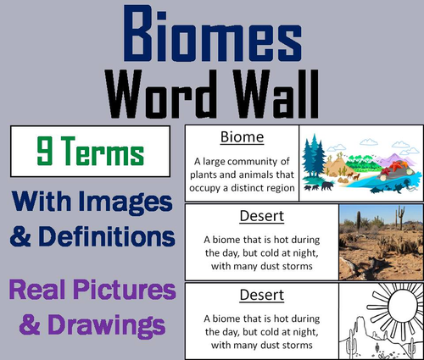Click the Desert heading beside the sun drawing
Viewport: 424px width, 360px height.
point(242,296)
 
